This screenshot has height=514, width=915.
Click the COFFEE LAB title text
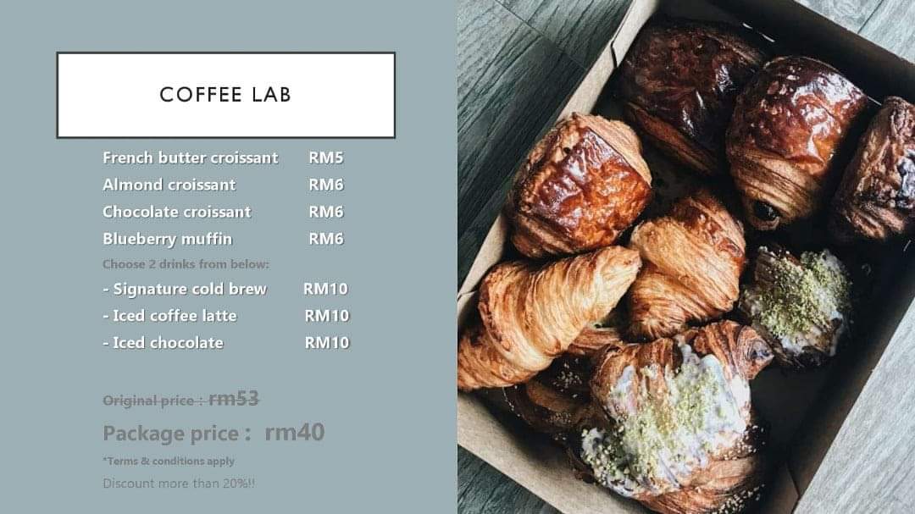[x=225, y=95]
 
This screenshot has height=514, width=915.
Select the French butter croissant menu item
[x=190, y=158]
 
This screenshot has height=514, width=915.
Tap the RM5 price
[x=325, y=158]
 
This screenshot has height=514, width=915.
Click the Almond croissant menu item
[x=169, y=185]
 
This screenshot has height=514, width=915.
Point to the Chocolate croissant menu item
[x=176, y=212]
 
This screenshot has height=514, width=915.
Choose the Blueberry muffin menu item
[x=167, y=239]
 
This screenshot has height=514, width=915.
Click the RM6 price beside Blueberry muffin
[x=325, y=239]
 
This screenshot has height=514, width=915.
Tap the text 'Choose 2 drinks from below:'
[x=186, y=264]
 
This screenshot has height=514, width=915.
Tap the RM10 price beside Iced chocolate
[x=326, y=343]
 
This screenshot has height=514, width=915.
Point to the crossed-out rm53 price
[x=233, y=399]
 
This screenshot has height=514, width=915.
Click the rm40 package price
[x=294, y=433]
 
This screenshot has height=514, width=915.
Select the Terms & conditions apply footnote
[x=169, y=461]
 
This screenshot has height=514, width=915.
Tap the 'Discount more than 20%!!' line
[x=179, y=484]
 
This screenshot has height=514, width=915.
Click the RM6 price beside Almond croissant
[x=325, y=185]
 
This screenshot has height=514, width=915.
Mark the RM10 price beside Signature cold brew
[x=325, y=289]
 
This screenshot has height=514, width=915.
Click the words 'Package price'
[x=170, y=434]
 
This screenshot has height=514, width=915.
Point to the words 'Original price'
[x=149, y=401]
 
